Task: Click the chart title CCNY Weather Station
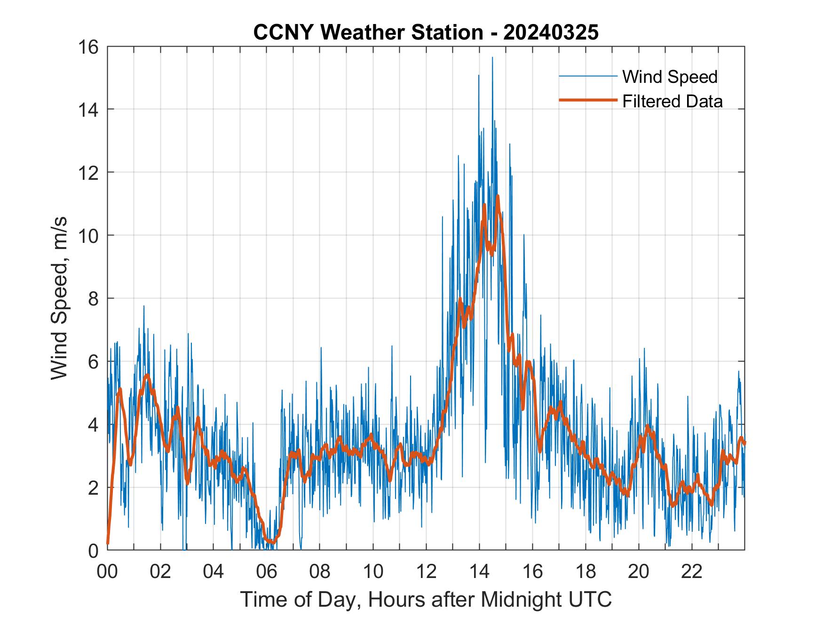[368, 32]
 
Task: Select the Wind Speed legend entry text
[670, 77]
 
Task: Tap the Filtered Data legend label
[672, 101]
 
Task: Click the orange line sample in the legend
[587, 100]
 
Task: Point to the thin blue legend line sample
[587, 76]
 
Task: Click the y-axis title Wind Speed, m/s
[60, 298]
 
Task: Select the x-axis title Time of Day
[426, 599]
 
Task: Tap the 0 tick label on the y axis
[93, 550]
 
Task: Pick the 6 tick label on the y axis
[93, 361]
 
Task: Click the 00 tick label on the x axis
[107, 571]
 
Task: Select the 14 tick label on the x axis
[479, 571]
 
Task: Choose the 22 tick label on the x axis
[692, 571]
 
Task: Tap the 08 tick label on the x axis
[320, 571]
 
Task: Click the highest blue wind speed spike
[492, 58]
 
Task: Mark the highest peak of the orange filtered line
[497, 196]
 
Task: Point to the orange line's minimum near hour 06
[271, 542]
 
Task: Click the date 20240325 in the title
[551, 32]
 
